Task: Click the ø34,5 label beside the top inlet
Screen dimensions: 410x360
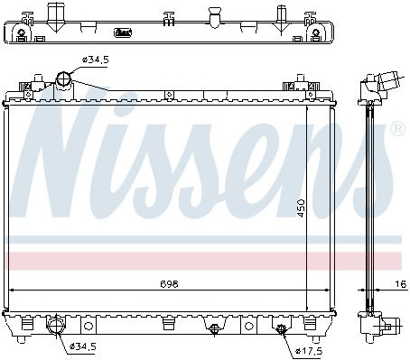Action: pos(95,60)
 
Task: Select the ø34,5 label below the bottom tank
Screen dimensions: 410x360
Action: pos(82,346)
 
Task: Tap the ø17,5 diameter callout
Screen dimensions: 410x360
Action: pos(309,350)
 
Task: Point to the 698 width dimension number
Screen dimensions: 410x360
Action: pos(169,283)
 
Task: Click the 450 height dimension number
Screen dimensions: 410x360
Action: pos(301,208)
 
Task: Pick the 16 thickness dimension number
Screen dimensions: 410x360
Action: pos(400,283)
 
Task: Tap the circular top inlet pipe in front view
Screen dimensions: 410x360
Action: pos(64,78)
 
